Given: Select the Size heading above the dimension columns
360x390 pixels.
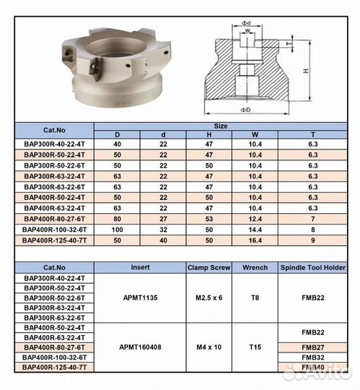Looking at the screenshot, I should [221, 126].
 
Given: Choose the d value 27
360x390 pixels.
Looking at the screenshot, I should [163, 218].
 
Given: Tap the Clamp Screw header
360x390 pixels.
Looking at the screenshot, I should [208, 266].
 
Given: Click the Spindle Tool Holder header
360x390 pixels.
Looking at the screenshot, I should [312, 266].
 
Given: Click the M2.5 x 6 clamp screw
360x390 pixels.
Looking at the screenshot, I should [208, 298].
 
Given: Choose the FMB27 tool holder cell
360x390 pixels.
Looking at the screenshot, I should [312, 347].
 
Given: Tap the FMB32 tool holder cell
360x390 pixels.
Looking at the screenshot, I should [312, 357].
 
